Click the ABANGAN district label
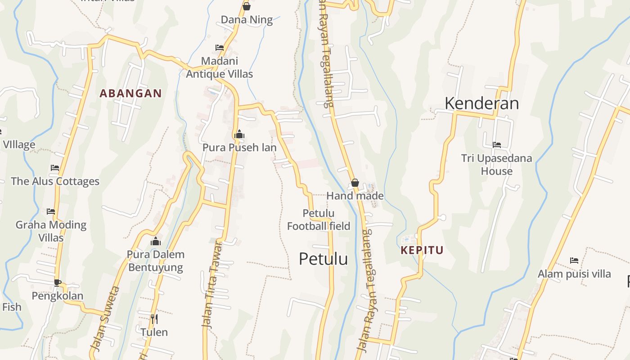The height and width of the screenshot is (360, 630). point(130,94)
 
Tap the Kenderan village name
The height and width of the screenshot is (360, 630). point(481,103)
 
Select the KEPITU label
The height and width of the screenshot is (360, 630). point(422,250)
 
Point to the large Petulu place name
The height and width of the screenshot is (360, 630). point(323,259)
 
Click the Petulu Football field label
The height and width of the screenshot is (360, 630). point(319,220)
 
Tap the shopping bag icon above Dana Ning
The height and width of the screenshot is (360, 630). point(246,6)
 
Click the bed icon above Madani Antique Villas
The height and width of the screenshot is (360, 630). point(220,47)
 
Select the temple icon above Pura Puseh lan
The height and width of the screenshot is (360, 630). point(239,134)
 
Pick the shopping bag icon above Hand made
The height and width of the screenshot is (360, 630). point(355,183)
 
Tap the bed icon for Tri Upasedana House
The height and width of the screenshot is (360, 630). point(497,145)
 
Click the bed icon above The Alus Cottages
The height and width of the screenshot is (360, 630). point(55,168)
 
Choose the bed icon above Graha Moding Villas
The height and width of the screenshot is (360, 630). point(51,211)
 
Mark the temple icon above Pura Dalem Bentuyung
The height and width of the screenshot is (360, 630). point(156,241)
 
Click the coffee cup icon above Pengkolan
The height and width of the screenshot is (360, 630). point(57,283)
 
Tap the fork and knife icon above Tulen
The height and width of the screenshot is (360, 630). point(154,319)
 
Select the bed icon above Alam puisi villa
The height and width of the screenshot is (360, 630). point(574,261)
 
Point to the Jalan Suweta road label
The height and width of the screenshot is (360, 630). point(105,318)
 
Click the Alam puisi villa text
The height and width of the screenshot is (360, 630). point(574,274)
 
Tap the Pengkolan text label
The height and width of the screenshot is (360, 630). point(57,296)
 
